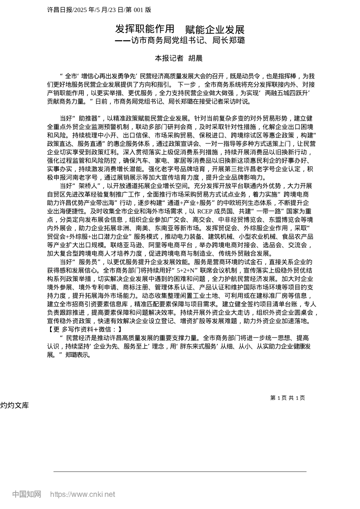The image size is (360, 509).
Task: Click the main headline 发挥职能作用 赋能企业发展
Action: click(x=180, y=30)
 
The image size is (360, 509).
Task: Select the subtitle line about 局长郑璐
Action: click(x=180, y=41)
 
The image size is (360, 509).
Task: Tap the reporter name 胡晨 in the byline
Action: click(x=196, y=58)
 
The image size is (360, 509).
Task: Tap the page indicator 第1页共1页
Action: click(x=287, y=398)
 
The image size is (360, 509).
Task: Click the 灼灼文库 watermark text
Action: click(x=14, y=405)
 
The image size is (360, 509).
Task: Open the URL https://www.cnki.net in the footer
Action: click(x=82, y=494)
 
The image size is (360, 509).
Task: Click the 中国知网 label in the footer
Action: click(x=27, y=494)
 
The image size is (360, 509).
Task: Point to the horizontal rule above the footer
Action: click(x=180, y=472)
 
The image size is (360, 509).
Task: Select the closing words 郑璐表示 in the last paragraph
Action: click(x=78, y=355)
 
